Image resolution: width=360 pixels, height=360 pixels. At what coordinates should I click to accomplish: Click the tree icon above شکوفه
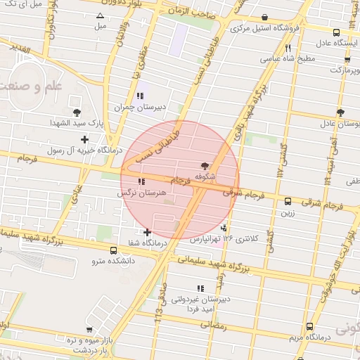[205, 166]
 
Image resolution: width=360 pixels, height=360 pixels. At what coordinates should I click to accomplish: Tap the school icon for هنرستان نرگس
[142, 182]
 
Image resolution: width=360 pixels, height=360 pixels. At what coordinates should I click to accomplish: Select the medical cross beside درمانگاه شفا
[147, 232]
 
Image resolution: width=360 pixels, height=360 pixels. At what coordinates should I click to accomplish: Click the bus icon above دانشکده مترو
[114, 250]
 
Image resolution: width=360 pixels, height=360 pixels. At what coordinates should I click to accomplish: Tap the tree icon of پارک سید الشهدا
[77, 112]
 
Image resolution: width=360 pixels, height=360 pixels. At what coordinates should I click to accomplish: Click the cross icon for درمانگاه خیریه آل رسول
[85, 139]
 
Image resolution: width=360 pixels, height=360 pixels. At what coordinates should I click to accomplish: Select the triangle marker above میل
[100, 16]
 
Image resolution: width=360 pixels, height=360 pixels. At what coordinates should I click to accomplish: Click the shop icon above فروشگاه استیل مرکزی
[264, 18]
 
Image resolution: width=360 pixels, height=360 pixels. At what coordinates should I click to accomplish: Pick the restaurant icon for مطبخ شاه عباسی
[288, 48]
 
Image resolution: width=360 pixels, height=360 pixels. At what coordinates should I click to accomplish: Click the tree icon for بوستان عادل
[340, 112]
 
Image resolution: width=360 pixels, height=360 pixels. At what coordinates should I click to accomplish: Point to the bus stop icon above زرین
[287, 200]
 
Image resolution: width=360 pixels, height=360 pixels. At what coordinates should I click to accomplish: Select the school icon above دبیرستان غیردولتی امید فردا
[200, 288]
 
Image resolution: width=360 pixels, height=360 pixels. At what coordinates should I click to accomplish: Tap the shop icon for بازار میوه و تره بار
[89, 329]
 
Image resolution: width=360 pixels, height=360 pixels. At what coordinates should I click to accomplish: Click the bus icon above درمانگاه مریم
[309, 326]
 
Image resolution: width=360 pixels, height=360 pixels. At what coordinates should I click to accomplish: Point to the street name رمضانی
[214, 325]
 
